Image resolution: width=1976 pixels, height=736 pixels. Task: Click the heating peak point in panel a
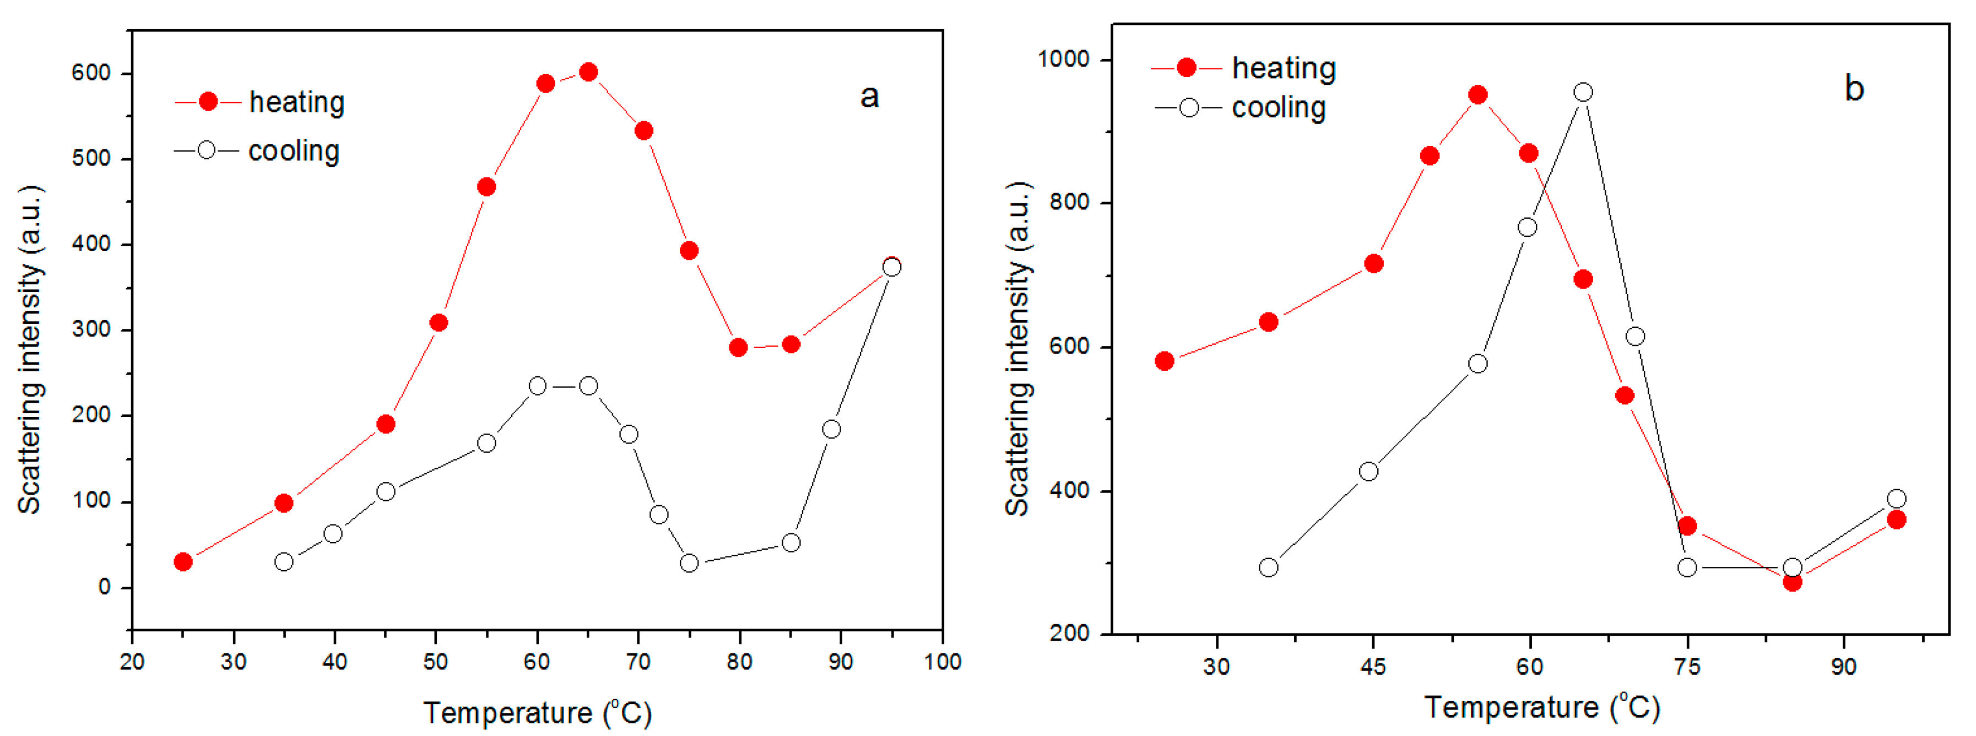[588, 72]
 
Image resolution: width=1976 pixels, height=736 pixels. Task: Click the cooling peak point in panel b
[1583, 92]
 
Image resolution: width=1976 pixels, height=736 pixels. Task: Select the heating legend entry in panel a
[261, 102]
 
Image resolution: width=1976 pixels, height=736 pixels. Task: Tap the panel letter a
[869, 97]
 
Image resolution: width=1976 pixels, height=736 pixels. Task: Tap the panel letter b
[1854, 89]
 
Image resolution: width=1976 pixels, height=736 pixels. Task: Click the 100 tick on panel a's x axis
[942, 662]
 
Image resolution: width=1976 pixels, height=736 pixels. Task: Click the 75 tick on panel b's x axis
[1687, 666]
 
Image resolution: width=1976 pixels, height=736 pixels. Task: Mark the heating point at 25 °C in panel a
[182, 562]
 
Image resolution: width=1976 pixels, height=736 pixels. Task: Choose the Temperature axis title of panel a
[537, 713]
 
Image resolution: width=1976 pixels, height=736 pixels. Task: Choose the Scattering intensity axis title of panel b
[1018, 349]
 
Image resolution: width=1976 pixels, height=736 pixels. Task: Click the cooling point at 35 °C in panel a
[284, 562]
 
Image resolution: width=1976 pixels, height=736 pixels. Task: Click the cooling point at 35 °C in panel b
[1269, 568]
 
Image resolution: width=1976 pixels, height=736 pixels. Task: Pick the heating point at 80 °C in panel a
[738, 348]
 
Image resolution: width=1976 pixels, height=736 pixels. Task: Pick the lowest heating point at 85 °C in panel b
[1792, 582]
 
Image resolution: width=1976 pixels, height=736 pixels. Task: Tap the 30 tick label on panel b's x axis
[1216, 666]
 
